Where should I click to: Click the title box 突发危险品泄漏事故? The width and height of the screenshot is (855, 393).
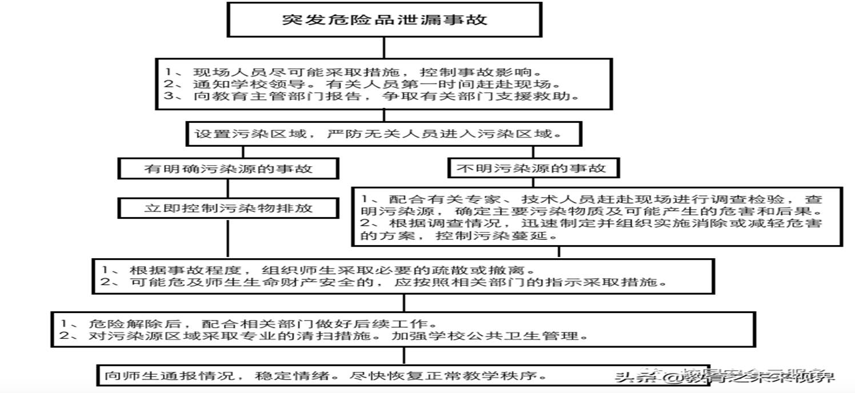384,20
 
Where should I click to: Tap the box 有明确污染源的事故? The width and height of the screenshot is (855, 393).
228,169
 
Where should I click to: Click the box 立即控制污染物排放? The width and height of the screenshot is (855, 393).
228,208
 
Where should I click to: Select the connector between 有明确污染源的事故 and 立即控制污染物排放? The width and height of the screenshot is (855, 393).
228,189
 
